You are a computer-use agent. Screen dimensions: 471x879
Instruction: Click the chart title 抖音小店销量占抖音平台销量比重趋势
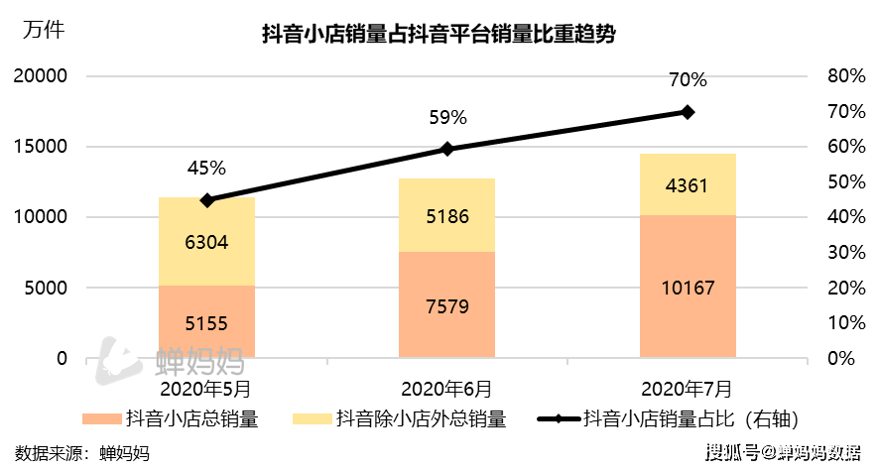(x=439, y=36)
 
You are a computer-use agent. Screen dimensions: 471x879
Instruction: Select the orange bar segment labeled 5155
(x=206, y=321)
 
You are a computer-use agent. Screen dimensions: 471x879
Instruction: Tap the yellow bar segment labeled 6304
(x=206, y=241)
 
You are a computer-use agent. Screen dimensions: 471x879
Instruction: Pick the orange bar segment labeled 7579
(x=446, y=304)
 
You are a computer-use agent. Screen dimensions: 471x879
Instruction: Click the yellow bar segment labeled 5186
(x=446, y=215)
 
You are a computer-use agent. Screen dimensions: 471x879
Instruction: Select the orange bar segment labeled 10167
(x=688, y=287)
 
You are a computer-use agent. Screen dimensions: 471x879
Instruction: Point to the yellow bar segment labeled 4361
(x=688, y=184)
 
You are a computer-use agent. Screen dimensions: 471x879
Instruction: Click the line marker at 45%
(x=206, y=200)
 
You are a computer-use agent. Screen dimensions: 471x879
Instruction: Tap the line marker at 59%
(x=446, y=149)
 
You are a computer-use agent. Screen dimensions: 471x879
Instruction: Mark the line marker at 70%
(x=688, y=112)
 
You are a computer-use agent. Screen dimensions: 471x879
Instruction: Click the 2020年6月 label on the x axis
(x=446, y=388)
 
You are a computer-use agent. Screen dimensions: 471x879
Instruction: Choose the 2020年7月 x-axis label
(x=688, y=388)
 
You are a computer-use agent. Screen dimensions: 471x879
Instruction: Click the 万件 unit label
(x=42, y=29)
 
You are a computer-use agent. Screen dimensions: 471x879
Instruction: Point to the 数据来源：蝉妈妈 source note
(x=82, y=453)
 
